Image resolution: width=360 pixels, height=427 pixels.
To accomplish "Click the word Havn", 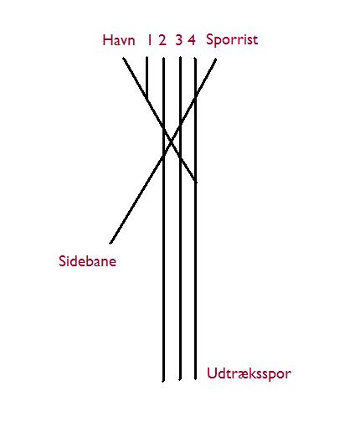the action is pyautogui.click(x=119, y=40).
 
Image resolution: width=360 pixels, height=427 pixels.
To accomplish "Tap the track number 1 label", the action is pyautogui.click(x=149, y=40).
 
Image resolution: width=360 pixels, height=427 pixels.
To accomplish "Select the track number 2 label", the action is pyautogui.click(x=162, y=40).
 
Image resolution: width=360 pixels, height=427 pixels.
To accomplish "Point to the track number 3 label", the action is pyautogui.click(x=178, y=40).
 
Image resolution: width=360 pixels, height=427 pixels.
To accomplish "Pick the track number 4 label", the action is pyautogui.click(x=192, y=40).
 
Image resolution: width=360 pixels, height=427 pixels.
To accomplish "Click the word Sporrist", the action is pyautogui.click(x=232, y=40).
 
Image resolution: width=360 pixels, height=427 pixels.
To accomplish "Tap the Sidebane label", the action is pyautogui.click(x=87, y=261).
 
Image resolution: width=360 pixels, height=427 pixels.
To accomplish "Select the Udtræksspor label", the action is pyautogui.click(x=249, y=373).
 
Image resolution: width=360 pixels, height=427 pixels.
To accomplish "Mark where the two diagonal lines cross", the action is pyautogui.click(x=172, y=141).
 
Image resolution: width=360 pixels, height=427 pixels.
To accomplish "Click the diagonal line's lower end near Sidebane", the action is pyautogui.click(x=111, y=243).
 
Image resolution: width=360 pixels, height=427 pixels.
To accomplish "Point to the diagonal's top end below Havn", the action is pyautogui.click(x=124, y=59).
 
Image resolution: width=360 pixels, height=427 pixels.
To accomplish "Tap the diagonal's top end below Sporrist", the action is pyautogui.click(x=215, y=59).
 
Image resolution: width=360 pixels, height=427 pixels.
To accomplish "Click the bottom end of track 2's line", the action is pyautogui.click(x=163, y=380).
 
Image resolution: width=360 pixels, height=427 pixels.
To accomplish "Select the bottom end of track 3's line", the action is pyautogui.click(x=180, y=379).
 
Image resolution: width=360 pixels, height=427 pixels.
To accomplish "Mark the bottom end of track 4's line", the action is pyautogui.click(x=195, y=379).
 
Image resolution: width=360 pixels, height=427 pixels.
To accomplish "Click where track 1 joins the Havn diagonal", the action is pyautogui.click(x=147, y=98).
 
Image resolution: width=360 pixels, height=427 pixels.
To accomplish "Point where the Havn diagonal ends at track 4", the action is pyautogui.click(x=195, y=182).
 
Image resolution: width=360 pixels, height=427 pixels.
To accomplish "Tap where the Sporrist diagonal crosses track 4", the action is pyautogui.click(x=195, y=96).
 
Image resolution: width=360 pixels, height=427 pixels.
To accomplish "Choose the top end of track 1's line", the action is pyautogui.click(x=147, y=58).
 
